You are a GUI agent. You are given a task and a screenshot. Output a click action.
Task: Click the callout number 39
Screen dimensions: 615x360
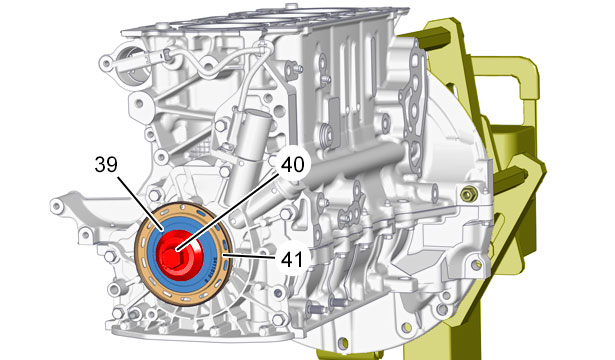click(106, 165)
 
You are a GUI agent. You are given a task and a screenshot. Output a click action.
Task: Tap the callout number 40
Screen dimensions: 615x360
click(293, 164)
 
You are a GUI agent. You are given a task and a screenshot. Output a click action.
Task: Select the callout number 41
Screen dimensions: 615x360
click(292, 260)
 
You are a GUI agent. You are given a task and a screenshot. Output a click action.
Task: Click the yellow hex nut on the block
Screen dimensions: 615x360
click(468, 194)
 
